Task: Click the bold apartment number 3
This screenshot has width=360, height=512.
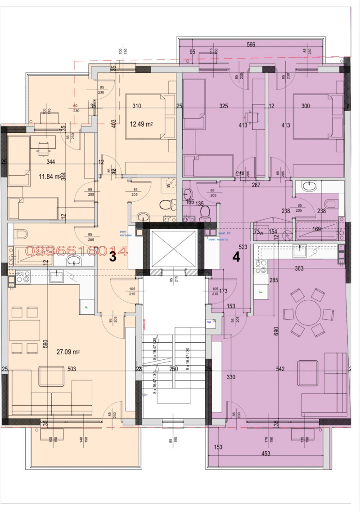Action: click(113, 257)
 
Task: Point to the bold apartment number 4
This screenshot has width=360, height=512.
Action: click(236, 257)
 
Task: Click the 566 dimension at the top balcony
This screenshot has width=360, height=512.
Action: click(251, 45)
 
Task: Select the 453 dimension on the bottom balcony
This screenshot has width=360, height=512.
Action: click(265, 453)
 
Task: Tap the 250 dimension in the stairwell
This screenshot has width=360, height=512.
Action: click(173, 369)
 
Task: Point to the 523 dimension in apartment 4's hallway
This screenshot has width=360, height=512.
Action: click(243, 247)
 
